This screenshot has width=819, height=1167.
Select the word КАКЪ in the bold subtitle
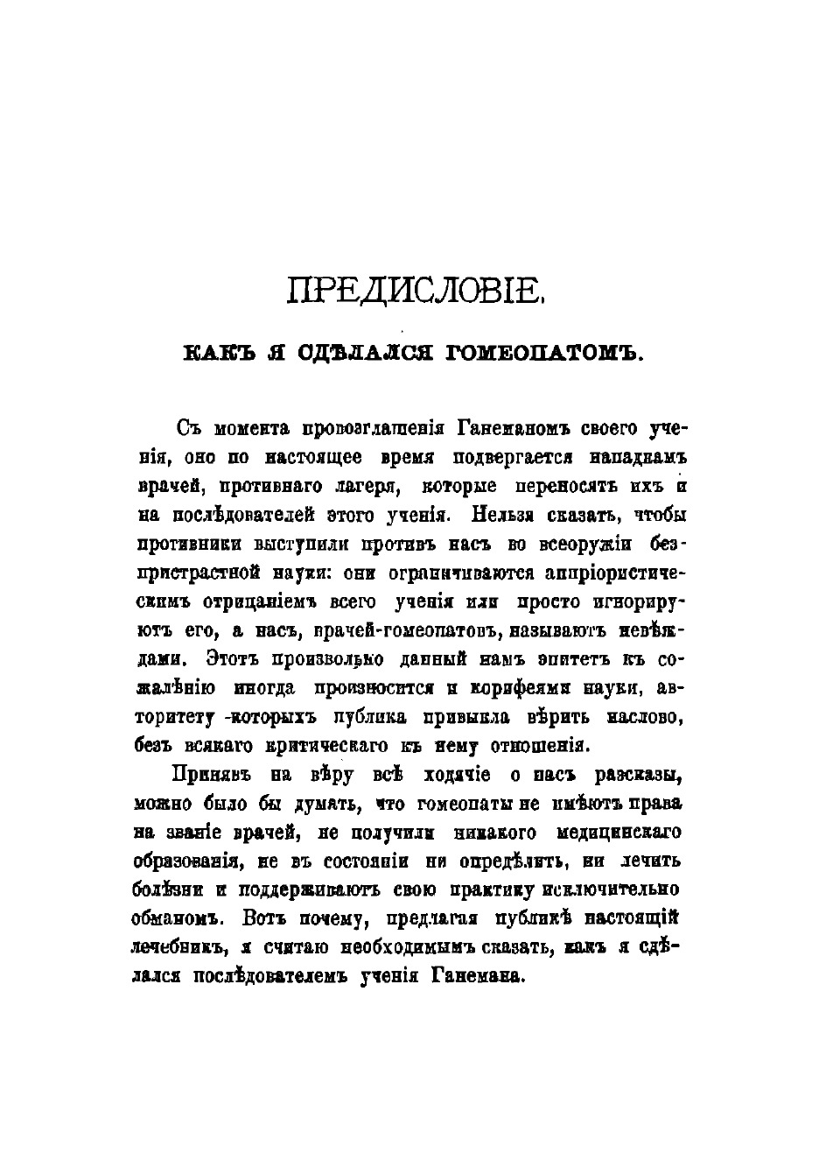click(x=216, y=355)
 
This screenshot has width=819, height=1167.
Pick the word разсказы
click(x=630, y=774)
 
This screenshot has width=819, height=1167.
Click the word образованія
click(x=188, y=860)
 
